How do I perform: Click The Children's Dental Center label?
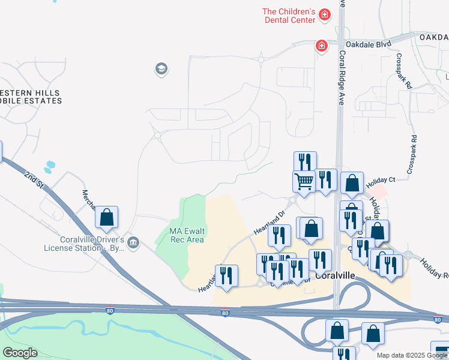pyautogui.click(x=289, y=16)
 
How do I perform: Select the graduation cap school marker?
pyautogui.click(x=161, y=70)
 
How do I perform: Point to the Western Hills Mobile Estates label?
pyautogui.click(x=30, y=97)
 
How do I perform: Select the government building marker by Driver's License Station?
pyautogui.click(x=134, y=243)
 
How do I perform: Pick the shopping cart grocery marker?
pyautogui.click(x=304, y=181)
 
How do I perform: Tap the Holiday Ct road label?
pyautogui.click(x=381, y=180)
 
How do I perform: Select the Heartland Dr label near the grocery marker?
pyautogui.click(x=268, y=222)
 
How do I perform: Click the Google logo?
pyautogui.click(x=20, y=353)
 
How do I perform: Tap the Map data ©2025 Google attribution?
pyautogui.click(x=412, y=355)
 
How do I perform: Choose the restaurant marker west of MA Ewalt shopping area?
pyautogui.click(x=226, y=275)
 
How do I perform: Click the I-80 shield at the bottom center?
pyautogui.click(x=224, y=313)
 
